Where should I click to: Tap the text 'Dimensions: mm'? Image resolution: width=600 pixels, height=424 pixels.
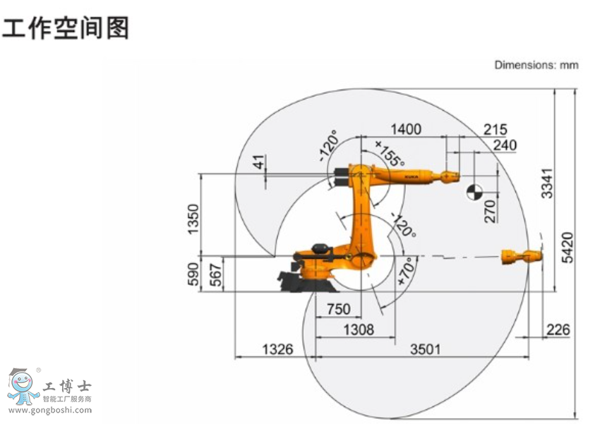tap(536, 65)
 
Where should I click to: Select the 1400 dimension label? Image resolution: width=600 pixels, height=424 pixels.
tap(405, 128)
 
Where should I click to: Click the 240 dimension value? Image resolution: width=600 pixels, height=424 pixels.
tap(505, 145)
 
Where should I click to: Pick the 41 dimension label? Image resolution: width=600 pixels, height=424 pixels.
tap(260, 164)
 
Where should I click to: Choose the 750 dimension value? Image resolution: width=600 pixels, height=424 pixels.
tap(339, 310)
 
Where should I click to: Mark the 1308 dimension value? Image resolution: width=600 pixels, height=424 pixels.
tap(359, 329)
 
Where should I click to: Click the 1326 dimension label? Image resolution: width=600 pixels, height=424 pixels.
tap(277, 349)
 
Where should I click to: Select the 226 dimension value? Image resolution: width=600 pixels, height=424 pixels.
tap(558, 329)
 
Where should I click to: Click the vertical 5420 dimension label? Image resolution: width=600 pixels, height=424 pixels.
tap(568, 248)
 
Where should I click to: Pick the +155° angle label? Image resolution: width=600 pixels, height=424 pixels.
tap(390, 152)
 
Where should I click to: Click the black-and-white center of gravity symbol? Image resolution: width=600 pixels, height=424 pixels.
tap(474, 191)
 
